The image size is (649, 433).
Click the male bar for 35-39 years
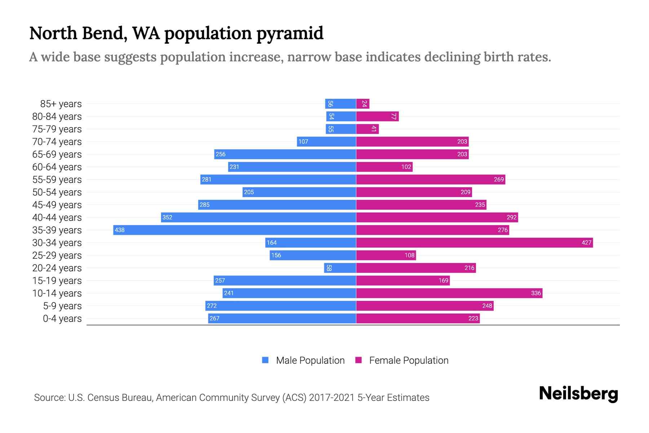[x=234, y=230]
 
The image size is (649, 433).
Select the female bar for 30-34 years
[x=474, y=242]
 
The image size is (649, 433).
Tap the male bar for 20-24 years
[x=340, y=268]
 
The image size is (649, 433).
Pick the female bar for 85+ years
[x=363, y=104]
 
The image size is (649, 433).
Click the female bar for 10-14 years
[x=449, y=293]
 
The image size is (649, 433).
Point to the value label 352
[x=167, y=217]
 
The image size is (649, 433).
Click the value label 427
[x=586, y=242]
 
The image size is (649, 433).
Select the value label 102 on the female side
[x=406, y=167]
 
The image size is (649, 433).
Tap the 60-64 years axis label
[x=57, y=167]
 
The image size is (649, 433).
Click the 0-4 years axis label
[x=62, y=319]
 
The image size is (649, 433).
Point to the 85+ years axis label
[x=61, y=104]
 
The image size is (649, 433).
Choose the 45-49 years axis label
[x=57, y=205]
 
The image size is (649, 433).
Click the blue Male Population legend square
[x=265, y=360]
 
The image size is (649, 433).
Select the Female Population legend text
[x=409, y=360]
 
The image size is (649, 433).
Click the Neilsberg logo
[x=578, y=394]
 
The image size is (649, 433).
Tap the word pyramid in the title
[x=290, y=33]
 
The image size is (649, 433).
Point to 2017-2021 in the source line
[x=331, y=398]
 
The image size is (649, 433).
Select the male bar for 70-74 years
[x=326, y=141]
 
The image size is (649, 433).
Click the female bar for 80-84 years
[x=377, y=117]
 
